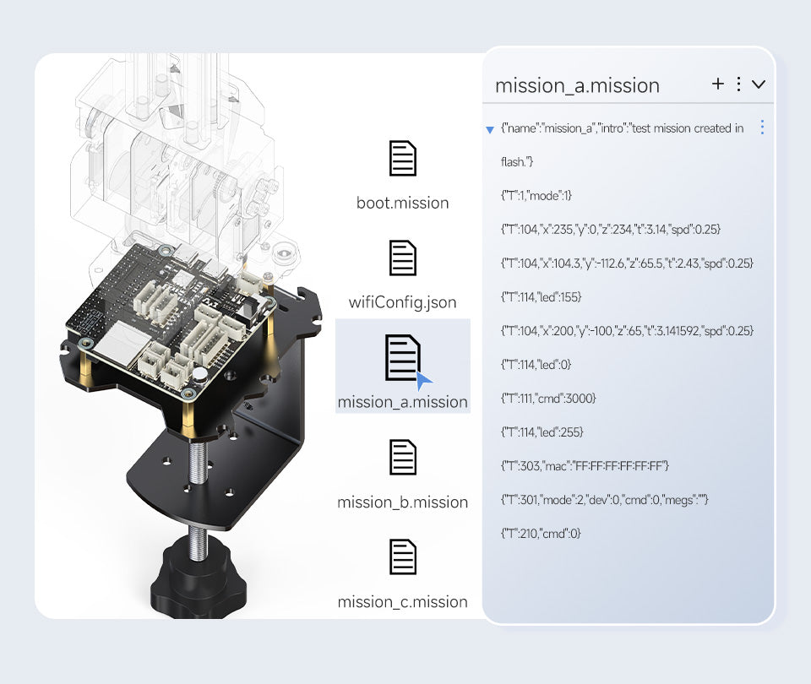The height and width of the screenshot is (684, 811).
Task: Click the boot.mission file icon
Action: [x=402, y=159]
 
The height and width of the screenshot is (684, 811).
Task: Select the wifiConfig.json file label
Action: [x=402, y=301]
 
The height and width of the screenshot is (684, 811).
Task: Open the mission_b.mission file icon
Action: [x=402, y=457]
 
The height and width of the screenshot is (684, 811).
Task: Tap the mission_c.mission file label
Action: [x=402, y=602]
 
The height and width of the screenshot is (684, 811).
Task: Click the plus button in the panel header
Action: [x=718, y=84]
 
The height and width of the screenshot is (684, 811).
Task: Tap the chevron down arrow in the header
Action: [x=759, y=84]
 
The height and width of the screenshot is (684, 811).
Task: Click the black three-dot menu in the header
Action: [x=738, y=84]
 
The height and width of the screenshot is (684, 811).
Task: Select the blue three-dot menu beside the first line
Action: [x=762, y=128]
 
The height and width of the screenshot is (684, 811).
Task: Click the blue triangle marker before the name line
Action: [x=490, y=130]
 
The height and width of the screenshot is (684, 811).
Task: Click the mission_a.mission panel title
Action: [x=577, y=85]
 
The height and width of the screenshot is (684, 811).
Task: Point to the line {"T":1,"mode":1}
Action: [x=536, y=196]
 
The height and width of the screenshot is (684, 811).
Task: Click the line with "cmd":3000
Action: [x=548, y=399]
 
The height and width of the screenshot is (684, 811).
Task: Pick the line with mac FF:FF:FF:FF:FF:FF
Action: [x=585, y=466]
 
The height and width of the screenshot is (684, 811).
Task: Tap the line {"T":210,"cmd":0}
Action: [x=541, y=534]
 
